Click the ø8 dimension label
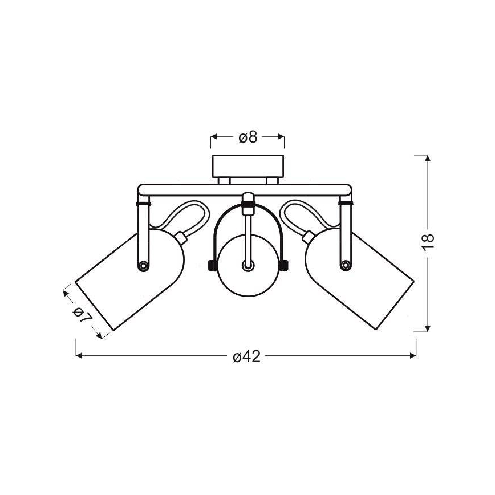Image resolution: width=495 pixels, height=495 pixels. (248, 137)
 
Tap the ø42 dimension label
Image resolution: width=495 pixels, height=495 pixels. (247, 357)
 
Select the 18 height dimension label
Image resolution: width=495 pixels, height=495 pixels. (428, 242)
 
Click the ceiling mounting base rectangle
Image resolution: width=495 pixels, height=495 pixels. (248, 166)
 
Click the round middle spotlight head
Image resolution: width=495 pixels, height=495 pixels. (248, 266)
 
